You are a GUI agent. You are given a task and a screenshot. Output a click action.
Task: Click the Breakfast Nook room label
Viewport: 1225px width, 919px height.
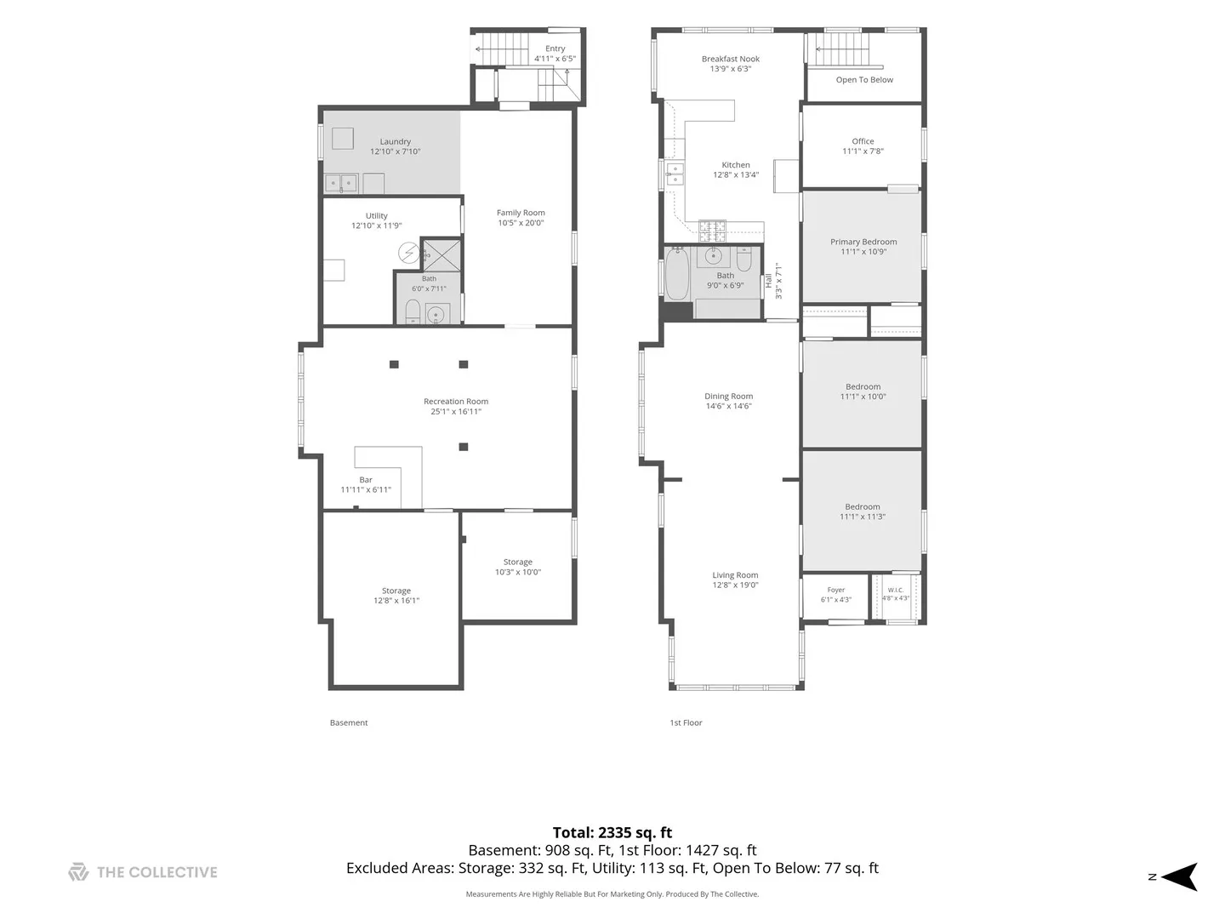point(730,59)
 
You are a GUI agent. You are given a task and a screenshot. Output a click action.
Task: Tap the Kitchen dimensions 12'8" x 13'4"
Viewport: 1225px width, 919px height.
point(736,174)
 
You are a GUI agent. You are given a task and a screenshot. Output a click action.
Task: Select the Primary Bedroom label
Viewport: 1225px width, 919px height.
point(863,242)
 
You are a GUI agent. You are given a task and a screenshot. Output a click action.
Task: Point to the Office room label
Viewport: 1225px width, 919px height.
point(863,141)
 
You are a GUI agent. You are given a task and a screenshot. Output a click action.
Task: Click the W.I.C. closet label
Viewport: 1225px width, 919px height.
point(895,590)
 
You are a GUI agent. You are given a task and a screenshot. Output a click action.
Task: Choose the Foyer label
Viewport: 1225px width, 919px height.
point(836,590)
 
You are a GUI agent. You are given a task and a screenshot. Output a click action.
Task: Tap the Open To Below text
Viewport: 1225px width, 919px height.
point(864,80)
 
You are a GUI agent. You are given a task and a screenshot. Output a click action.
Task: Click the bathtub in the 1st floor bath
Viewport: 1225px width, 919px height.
point(677,274)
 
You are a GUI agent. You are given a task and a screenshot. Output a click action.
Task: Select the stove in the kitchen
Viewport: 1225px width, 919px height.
point(713,231)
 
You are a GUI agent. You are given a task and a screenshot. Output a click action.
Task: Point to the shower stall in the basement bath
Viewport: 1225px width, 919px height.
point(441,255)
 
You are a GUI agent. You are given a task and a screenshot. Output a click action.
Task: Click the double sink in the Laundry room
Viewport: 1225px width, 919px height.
point(341,183)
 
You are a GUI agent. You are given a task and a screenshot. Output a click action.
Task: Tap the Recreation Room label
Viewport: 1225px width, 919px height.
point(455,401)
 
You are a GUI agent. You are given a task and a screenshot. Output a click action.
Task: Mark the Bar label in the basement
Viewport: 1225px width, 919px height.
point(366,479)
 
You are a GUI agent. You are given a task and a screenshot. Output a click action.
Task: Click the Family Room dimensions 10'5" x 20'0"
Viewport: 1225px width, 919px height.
point(520,223)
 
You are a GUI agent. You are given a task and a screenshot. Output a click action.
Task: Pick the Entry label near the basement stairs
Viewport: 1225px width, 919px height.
point(555,49)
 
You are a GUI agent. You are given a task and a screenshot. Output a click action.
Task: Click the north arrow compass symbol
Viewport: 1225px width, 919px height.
point(1179,876)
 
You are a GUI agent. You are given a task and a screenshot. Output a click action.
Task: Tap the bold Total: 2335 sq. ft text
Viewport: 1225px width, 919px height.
point(612,832)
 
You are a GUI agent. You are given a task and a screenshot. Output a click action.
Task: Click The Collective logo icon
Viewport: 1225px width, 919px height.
point(78,872)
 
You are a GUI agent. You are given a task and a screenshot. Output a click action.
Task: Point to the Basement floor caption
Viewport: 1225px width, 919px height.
point(348,722)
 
